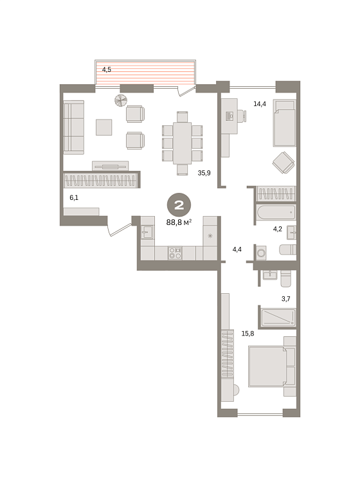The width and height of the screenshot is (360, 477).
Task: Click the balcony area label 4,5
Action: [107, 69]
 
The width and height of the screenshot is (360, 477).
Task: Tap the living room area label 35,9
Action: [204, 173]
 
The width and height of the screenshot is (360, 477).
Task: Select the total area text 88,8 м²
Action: [179, 222]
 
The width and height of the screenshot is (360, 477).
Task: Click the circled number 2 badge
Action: [179, 205]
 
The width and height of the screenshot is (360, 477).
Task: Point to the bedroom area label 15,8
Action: [248, 334]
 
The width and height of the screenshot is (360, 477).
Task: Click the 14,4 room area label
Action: [260, 104]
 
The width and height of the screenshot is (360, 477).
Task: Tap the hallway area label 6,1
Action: [74, 198]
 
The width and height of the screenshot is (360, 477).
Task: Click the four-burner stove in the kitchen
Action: [175, 253]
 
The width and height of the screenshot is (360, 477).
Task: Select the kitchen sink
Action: [147, 232]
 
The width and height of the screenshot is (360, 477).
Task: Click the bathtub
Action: [276, 212]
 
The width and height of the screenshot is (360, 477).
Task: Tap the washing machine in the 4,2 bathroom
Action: [261, 253]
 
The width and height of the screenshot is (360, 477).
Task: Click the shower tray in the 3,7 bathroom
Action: [278, 317]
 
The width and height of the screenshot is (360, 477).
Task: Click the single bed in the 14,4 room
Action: [285, 123]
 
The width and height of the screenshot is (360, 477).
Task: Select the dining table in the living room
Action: [183, 143]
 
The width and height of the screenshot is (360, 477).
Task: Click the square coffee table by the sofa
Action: [104, 127]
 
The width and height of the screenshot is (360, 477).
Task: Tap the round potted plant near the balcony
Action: [121, 100]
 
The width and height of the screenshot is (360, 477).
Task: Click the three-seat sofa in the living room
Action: [74, 127]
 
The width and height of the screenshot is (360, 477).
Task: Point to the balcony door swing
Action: [186, 91]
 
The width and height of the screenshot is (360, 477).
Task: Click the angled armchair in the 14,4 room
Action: [283, 163]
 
